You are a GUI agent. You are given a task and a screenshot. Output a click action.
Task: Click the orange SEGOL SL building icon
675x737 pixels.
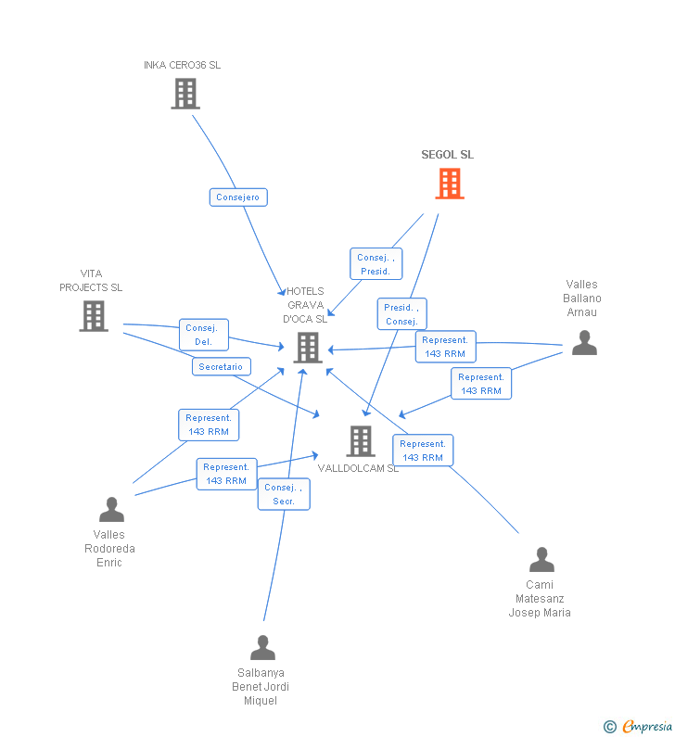[x=450, y=184]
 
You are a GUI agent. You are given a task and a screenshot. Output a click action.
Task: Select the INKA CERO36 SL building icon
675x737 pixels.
[x=185, y=94]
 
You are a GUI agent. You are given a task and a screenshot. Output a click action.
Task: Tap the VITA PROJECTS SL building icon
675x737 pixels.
[x=94, y=316]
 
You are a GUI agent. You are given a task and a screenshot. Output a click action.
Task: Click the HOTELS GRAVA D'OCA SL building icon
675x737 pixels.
[x=308, y=348]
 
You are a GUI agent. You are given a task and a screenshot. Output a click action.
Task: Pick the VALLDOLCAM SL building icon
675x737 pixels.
[x=361, y=440]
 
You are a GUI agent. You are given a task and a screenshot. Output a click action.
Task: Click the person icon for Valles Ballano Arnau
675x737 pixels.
[x=584, y=343]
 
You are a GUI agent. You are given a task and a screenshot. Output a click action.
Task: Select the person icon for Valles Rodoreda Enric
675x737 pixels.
[x=111, y=510]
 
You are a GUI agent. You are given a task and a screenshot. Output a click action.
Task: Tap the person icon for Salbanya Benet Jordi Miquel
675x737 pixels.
[x=262, y=647]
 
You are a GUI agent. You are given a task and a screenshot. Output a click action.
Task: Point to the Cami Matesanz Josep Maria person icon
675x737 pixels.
[x=541, y=560]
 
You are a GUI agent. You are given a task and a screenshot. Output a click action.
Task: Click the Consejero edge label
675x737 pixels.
[x=238, y=197]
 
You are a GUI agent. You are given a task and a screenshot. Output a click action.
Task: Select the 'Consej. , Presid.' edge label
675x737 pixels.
[x=376, y=264]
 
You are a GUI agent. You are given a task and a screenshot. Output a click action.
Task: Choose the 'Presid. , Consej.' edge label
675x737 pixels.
[x=401, y=314]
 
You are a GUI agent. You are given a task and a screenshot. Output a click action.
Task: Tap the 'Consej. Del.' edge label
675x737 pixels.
[x=203, y=335]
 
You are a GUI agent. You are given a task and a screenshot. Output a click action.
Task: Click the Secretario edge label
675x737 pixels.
[x=221, y=367]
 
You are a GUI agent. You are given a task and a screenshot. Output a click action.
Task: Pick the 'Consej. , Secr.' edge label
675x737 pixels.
[x=284, y=494]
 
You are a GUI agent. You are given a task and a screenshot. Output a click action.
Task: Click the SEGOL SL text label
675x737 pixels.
[x=447, y=155]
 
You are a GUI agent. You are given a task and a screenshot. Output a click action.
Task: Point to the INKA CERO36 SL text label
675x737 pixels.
[x=182, y=65]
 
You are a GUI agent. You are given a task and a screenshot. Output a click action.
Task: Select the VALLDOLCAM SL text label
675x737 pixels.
[x=358, y=468]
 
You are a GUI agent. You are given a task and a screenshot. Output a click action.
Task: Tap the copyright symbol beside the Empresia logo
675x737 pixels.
[x=610, y=727]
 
